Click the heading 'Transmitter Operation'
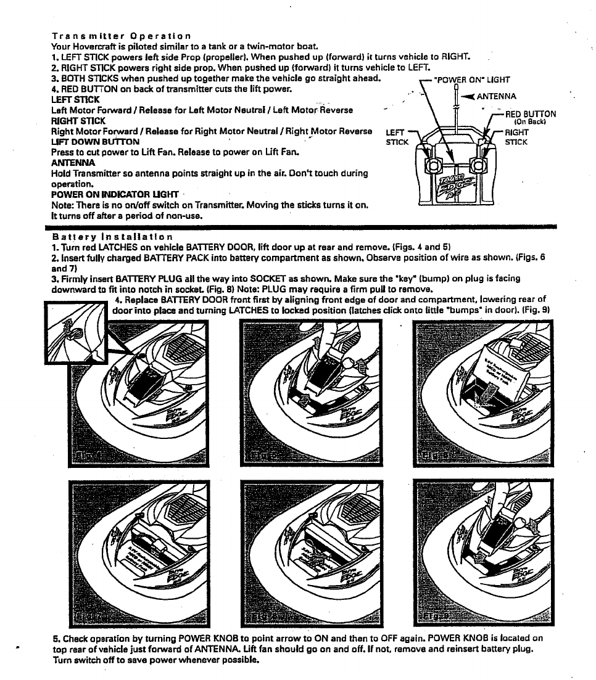click(121, 36)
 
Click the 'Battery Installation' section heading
click(112, 236)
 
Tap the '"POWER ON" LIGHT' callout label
click(472, 80)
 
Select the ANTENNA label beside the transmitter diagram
click(497, 96)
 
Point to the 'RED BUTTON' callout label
click(530, 114)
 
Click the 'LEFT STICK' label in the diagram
click(397, 137)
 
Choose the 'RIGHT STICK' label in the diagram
click(516, 137)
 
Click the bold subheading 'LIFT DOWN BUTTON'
click(95, 141)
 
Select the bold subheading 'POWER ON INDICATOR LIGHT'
click(114, 194)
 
